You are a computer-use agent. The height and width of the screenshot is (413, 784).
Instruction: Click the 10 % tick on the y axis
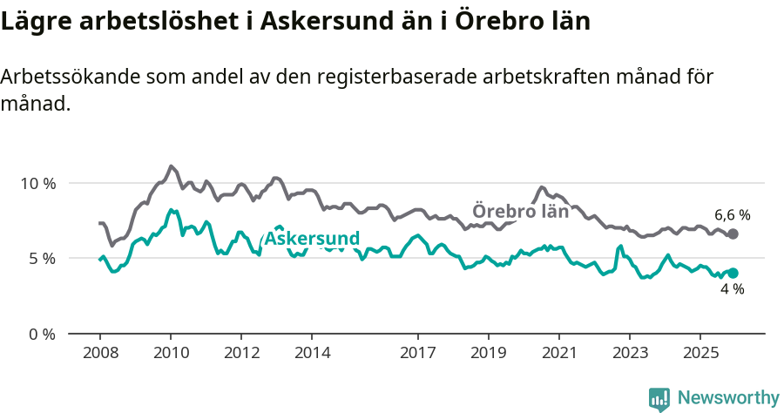[37, 184]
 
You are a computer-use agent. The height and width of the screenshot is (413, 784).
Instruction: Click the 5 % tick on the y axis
[40, 259]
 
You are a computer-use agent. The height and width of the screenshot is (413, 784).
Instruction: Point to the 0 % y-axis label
[40, 334]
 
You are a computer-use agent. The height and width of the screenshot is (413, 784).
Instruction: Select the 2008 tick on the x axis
[99, 353]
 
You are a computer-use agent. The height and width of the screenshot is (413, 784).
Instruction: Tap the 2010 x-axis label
[170, 353]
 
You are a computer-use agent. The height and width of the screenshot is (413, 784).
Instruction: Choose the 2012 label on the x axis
[241, 353]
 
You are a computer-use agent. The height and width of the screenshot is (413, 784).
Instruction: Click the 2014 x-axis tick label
[312, 353]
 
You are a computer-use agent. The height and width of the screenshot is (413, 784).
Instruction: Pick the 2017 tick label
[418, 353]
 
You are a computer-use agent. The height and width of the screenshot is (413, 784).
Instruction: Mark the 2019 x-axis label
[489, 353]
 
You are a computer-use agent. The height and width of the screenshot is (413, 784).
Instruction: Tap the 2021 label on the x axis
[559, 353]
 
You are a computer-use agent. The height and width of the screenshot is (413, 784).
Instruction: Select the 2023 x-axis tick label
[630, 353]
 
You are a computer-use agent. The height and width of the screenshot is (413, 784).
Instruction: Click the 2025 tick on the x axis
[700, 353]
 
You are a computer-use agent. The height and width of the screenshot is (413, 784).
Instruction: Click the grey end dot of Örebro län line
[733, 234]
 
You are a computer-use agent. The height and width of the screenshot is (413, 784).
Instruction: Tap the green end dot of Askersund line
[733, 273]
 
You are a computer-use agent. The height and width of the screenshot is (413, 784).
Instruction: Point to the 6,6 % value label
[732, 214]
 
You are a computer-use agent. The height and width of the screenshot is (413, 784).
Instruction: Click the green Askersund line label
[311, 239]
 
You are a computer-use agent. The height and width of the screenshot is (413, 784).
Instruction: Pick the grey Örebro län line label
[520, 211]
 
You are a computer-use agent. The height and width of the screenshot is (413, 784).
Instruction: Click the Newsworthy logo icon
[659, 398]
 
